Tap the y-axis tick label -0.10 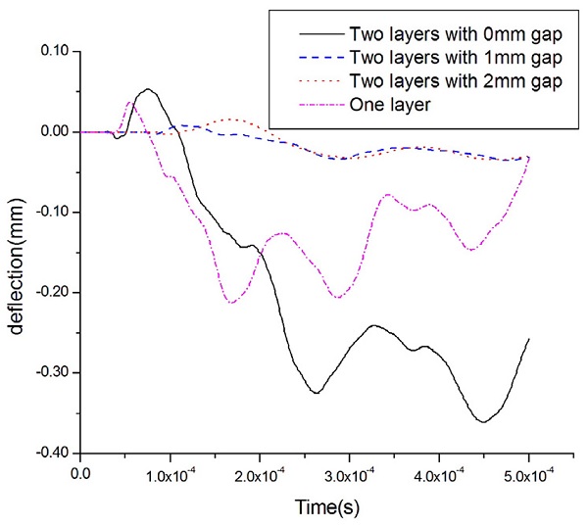pos(50,212)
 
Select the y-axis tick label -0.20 pos(50,292)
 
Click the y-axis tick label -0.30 pos(50,372)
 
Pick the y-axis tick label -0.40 pos(50,453)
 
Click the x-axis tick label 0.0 pos(81,474)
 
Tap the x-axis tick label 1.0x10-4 pos(171,474)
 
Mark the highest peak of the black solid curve pos(147,89)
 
